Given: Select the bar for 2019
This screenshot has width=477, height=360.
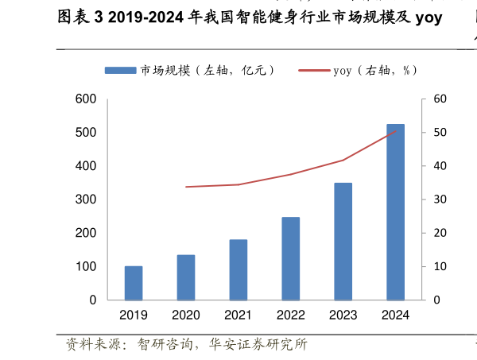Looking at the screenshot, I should point(134,283).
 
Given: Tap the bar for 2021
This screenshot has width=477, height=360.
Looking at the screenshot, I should point(238,269).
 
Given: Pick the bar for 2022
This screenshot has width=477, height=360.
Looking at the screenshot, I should point(291,258).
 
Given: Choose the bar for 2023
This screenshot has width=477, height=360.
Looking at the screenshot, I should point(343,242).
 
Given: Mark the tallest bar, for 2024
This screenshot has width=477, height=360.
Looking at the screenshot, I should point(395,212).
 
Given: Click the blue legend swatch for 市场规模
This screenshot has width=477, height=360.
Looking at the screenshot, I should point(120,70).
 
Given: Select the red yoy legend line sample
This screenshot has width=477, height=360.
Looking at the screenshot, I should point(314,70).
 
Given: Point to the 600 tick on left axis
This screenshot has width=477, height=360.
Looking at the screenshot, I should point(86,99).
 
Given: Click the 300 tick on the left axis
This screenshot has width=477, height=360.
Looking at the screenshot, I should point(86,199).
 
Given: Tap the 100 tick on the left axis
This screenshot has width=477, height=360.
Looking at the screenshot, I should point(86,267).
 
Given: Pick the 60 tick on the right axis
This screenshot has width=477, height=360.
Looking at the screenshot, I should point(440,99).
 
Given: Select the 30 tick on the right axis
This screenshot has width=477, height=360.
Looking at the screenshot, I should point(440,199).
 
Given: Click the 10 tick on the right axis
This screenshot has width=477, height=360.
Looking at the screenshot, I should point(440,267).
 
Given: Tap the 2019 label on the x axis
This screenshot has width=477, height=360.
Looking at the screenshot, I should point(134,315).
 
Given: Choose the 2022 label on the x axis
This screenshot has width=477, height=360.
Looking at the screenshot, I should point(291,315).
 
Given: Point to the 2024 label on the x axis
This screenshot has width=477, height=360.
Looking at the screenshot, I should point(395,315).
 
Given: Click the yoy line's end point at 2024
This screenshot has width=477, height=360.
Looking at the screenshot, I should point(395,131).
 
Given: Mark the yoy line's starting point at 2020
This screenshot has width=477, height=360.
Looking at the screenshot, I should point(186,187).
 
